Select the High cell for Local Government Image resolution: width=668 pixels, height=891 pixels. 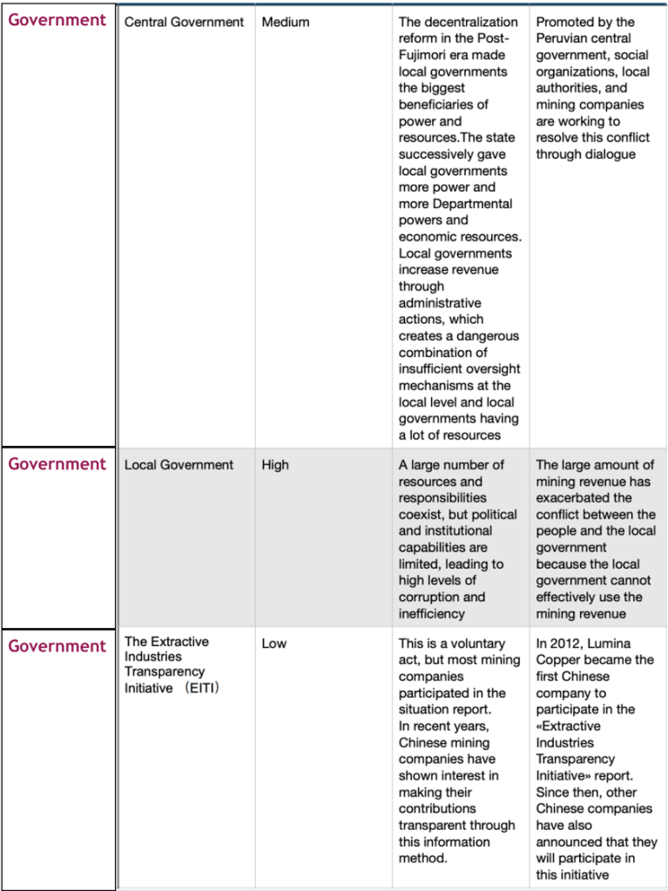pyautogui.click(x=274, y=465)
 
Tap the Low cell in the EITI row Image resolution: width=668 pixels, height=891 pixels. pyautogui.click(x=274, y=644)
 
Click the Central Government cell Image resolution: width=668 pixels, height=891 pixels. pyautogui.click(x=184, y=22)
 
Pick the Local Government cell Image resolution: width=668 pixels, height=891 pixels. pyautogui.click(x=179, y=465)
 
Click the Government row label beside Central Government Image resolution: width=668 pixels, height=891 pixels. pyautogui.click(x=57, y=20)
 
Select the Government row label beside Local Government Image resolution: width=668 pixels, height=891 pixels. pyautogui.click(x=57, y=464)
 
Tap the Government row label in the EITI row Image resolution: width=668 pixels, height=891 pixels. pyautogui.click(x=57, y=646)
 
